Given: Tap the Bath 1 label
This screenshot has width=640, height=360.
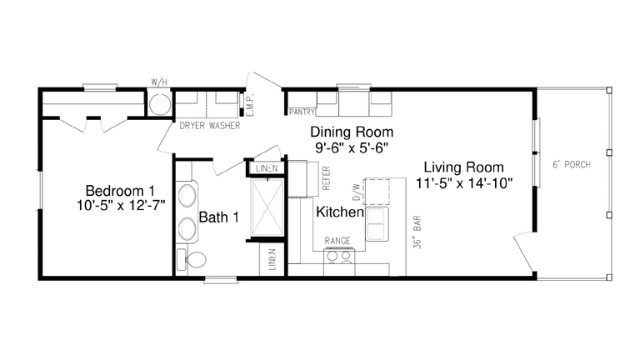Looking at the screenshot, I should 218,217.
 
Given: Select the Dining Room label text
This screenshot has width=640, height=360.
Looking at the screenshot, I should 351,132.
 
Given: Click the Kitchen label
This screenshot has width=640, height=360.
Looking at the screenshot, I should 339,212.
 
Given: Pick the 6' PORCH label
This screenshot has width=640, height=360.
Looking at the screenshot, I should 571,165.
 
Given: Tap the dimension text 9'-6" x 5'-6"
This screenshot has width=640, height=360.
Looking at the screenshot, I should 351,147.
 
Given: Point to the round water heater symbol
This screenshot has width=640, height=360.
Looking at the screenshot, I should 159,103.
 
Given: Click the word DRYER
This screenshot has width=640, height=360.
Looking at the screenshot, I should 193,126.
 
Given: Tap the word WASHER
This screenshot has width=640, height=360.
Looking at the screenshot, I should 225,126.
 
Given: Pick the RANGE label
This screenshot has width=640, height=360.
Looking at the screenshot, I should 337,242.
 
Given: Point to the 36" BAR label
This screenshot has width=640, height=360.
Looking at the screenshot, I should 415,236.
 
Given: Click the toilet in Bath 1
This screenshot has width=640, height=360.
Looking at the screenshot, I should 193,260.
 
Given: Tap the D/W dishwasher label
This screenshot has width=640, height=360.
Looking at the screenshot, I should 357,192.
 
